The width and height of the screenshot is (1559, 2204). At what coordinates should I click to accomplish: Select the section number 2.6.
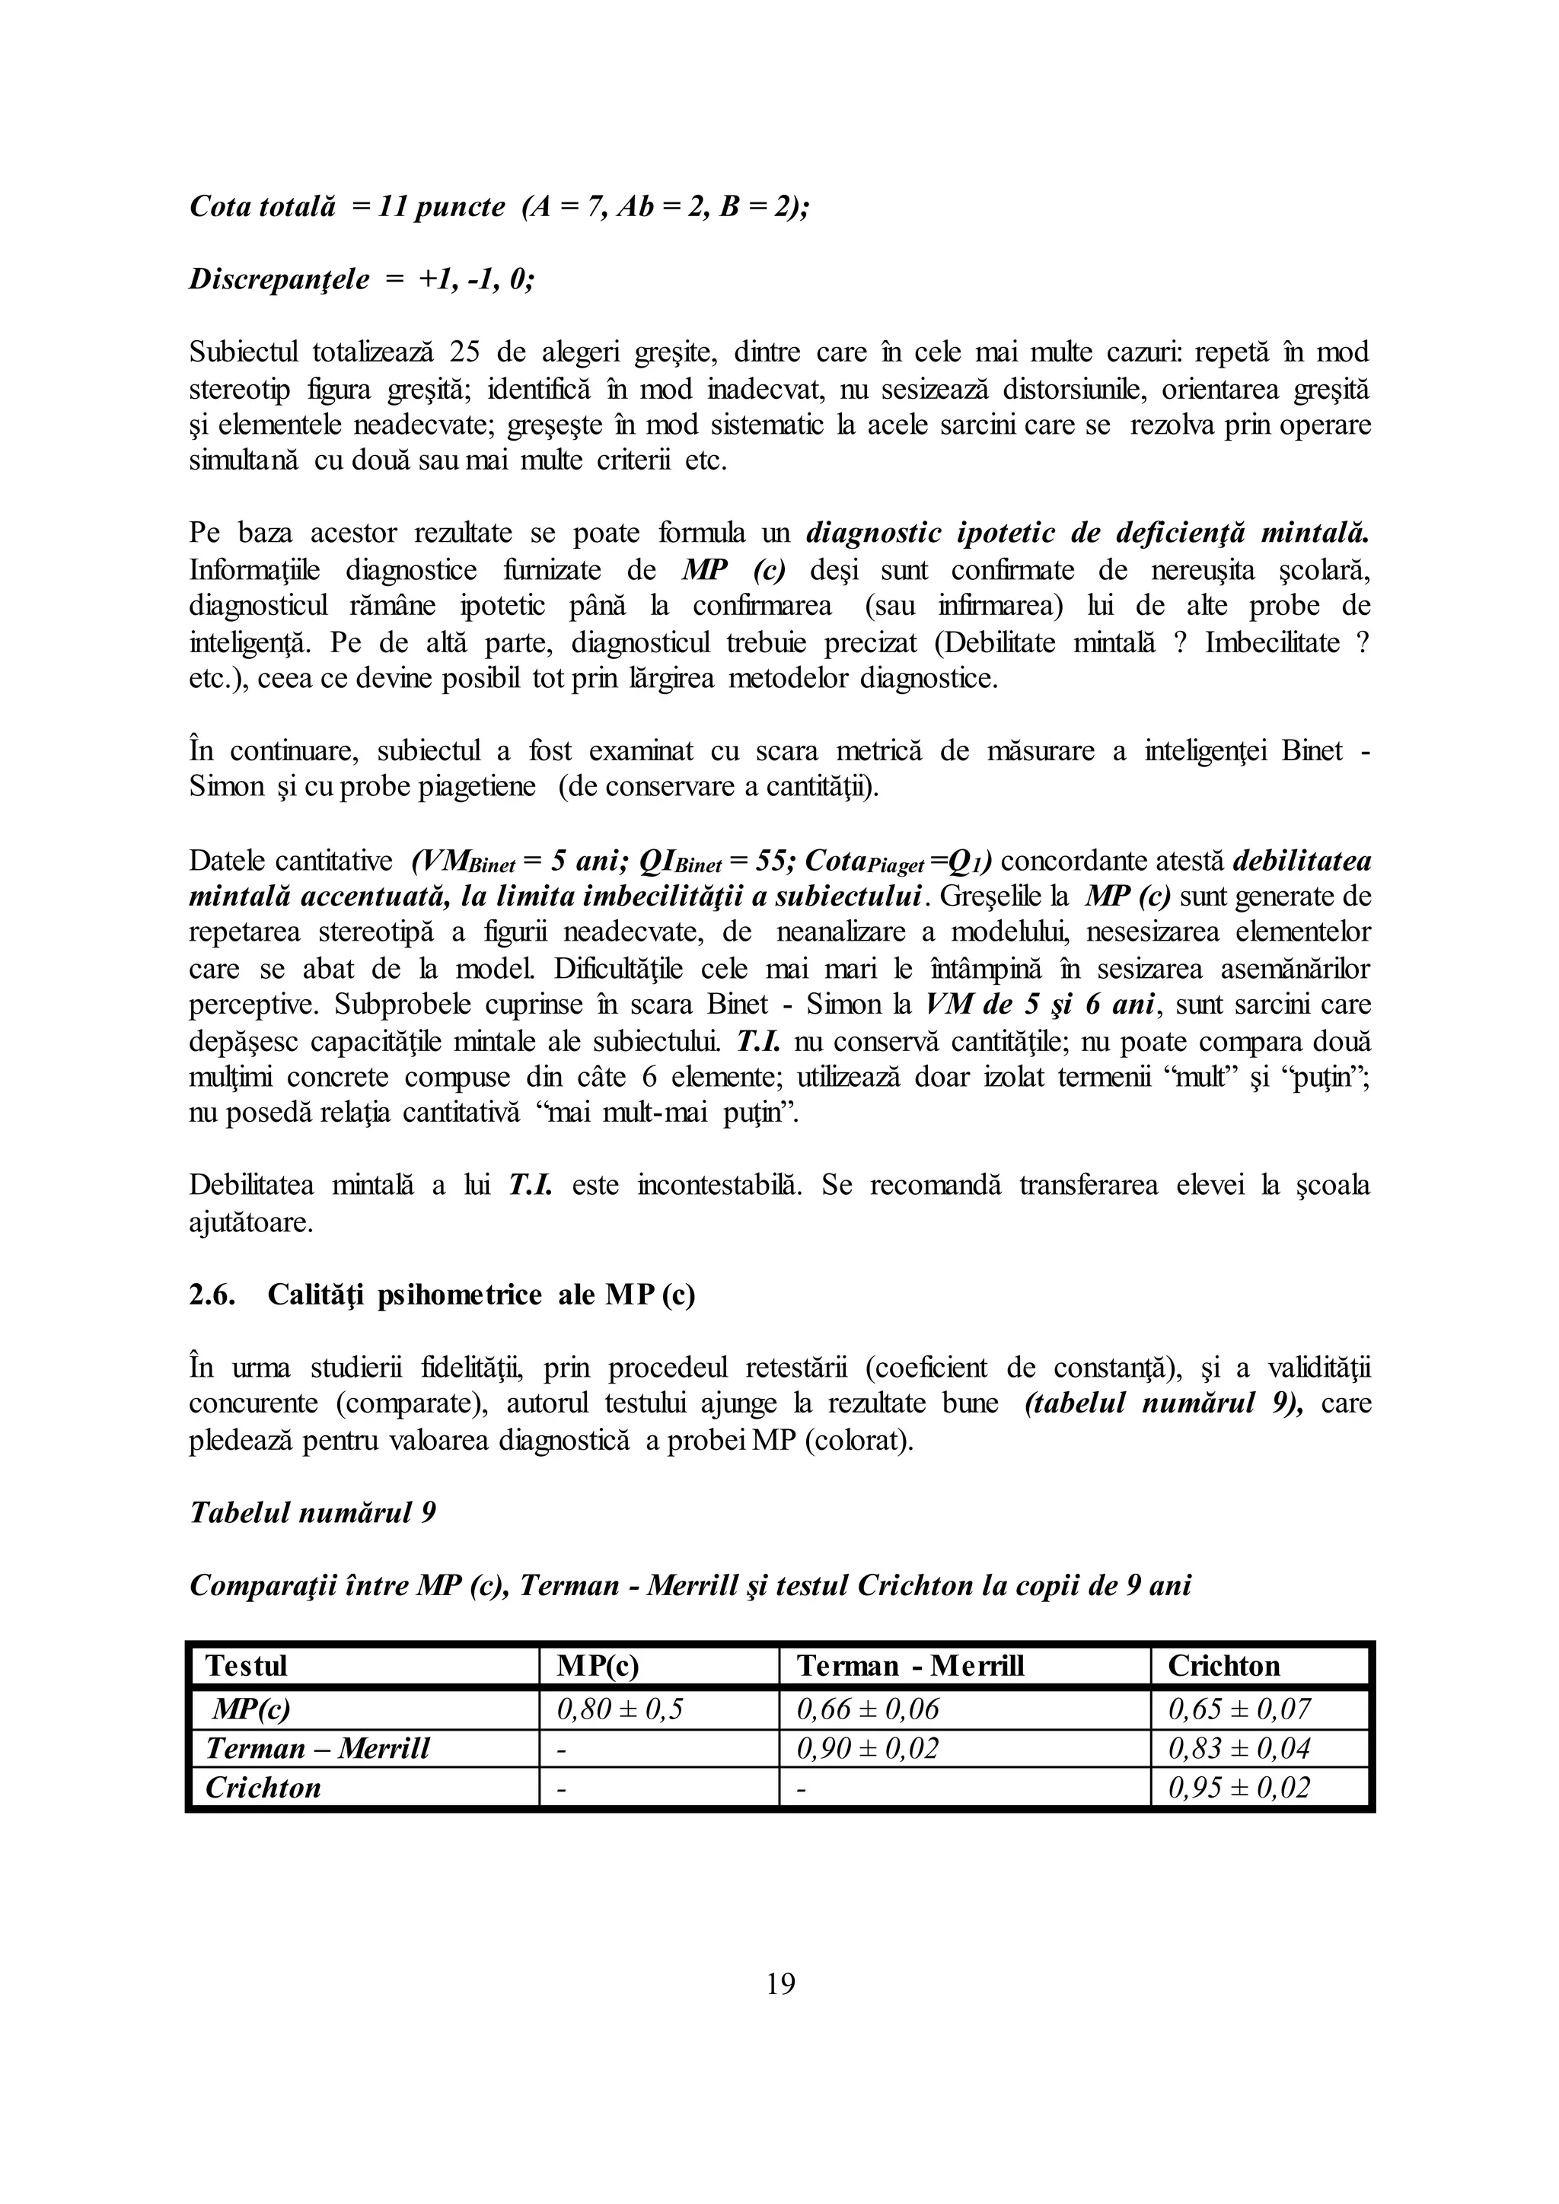pyautogui.click(x=212, y=1295)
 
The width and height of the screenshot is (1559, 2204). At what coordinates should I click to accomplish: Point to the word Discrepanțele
pyautogui.click(x=279, y=279)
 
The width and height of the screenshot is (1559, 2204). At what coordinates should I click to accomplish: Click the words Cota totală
pyautogui.click(x=262, y=206)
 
